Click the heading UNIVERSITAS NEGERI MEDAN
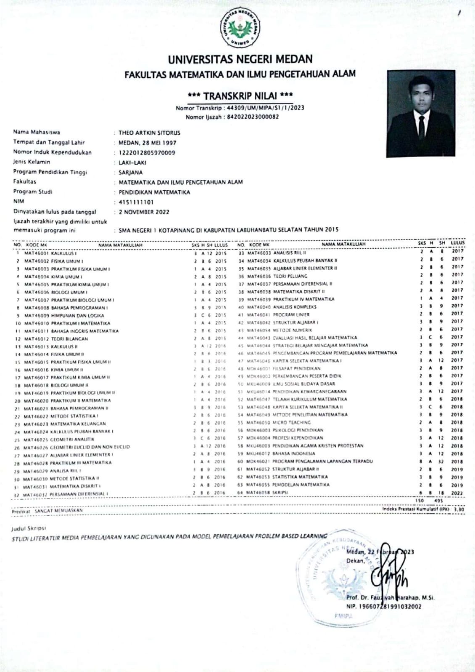tap(240, 59)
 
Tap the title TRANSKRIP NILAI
tap(240, 95)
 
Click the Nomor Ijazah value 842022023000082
tap(253, 117)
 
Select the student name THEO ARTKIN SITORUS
tap(149, 133)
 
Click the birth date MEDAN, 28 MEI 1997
tap(147, 143)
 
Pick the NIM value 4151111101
tap(136, 202)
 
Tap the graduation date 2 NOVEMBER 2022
tap(144, 212)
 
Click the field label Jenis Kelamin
tap(32, 162)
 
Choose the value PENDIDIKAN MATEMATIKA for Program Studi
tap(154, 192)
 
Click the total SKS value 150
tap(420, 501)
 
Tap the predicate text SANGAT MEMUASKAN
tap(58, 511)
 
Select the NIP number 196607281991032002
tap(389, 606)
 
